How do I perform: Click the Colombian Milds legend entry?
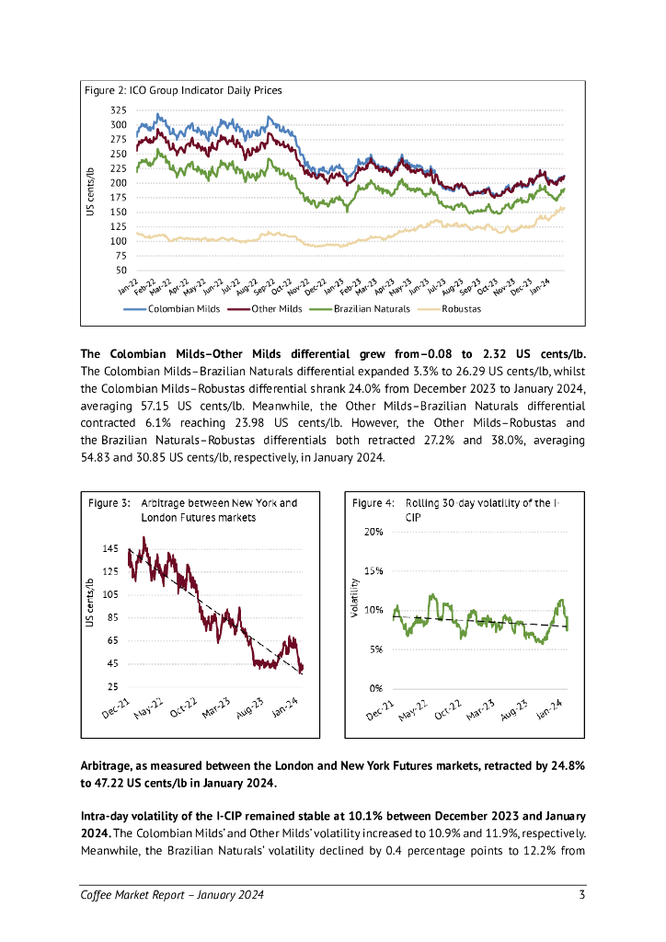pyautogui.click(x=183, y=309)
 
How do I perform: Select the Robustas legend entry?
pyautogui.click(x=461, y=309)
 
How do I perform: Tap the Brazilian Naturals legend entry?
pyautogui.click(x=372, y=309)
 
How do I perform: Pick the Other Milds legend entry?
pyautogui.click(x=277, y=309)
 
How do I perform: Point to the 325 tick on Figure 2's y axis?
pyautogui.click(x=118, y=110)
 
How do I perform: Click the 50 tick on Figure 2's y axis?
pyautogui.click(x=121, y=270)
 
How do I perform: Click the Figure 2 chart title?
pyautogui.click(x=182, y=91)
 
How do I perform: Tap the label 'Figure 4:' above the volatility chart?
pyautogui.click(x=373, y=503)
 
